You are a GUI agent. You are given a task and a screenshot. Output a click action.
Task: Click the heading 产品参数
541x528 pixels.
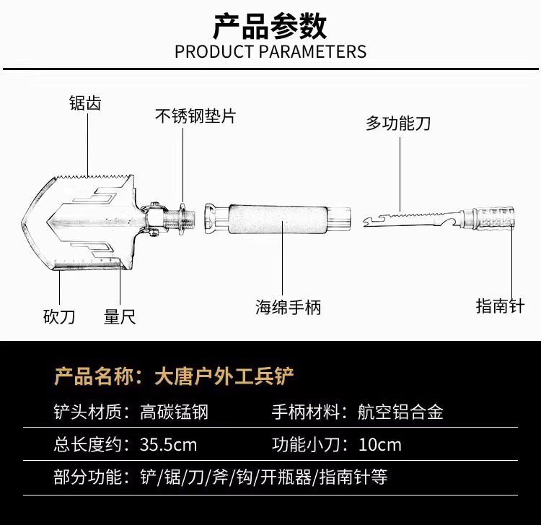(x=270, y=26)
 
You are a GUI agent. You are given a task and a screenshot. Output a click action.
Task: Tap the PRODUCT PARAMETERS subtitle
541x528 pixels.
(x=270, y=52)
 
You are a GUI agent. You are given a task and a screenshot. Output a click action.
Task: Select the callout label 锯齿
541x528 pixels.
(x=85, y=103)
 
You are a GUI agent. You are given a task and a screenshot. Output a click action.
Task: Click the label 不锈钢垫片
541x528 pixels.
(x=195, y=116)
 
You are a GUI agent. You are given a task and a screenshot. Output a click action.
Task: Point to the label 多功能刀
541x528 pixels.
(x=398, y=123)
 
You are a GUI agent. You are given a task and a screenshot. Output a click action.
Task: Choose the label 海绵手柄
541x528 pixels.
(x=288, y=307)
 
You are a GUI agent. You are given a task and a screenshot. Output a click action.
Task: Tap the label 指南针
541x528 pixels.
(x=500, y=306)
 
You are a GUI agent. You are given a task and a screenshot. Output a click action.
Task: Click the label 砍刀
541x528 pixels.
(x=59, y=316)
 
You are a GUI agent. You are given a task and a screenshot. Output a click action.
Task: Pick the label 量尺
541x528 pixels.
(x=120, y=316)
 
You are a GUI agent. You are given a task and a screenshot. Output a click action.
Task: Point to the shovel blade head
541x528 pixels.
(x=79, y=220)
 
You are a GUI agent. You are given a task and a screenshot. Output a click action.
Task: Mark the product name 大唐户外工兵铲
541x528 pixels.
(x=224, y=376)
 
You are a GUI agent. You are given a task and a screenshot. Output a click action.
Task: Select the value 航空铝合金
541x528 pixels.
(x=400, y=412)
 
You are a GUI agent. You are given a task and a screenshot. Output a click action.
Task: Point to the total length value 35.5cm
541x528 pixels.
(x=168, y=444)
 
